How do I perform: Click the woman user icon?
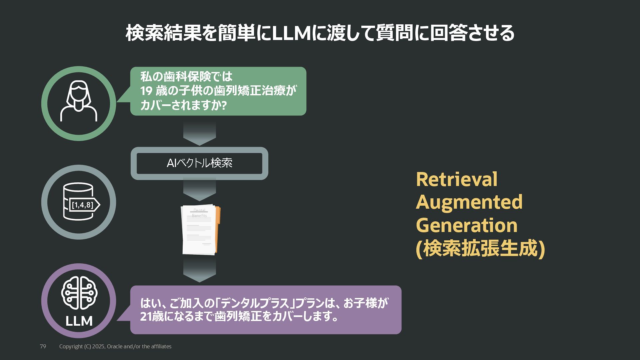pos(79,101)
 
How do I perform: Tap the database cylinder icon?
pos(78,201)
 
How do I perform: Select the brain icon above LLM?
pos(79,293)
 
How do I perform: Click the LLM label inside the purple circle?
pos(79,321)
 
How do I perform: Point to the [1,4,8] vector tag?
pos(83,205)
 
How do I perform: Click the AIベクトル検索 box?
pos(199,163)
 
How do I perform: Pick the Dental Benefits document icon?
pos(200,230)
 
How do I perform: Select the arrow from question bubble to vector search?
pos(199,133)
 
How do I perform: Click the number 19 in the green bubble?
pos(146,91)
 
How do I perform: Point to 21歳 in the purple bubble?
pos(152,316)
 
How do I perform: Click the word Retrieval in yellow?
pos(456,179)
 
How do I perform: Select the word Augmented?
pos(469,202)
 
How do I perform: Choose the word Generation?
pos(466,225)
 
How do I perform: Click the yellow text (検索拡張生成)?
pos(480,248)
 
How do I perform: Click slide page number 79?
pos(43,346)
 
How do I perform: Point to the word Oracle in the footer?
pos(115,346)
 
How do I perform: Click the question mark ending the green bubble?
pos(224,105)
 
